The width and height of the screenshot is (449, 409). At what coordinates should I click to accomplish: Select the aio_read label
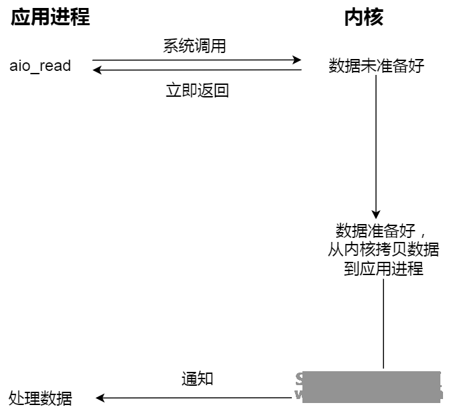[40, 66]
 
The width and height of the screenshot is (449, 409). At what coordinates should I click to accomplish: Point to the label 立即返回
[197, 90]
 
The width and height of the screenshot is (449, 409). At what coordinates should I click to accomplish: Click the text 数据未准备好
[376, 66]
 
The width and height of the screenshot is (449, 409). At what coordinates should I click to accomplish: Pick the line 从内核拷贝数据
[383, 250]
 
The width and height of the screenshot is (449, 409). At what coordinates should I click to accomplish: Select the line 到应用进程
[383, 269]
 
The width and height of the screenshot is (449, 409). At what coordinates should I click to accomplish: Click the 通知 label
[197, 379]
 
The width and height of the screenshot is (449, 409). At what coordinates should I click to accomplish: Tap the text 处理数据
[40, 398]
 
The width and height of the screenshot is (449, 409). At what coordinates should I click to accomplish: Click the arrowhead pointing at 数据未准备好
[298, 60]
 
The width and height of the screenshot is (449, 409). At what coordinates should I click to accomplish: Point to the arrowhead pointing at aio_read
[97, 70]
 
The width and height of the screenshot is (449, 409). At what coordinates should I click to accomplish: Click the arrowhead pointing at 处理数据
[100, 398]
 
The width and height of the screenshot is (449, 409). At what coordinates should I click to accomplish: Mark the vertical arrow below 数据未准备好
[376, 146]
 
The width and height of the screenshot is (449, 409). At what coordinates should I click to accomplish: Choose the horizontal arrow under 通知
[199, 398]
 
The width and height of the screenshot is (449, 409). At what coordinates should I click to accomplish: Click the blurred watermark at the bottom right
[369, 386]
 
